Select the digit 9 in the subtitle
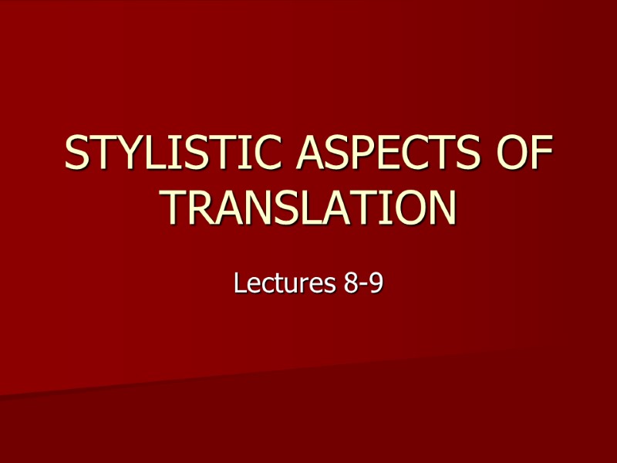[376, 284]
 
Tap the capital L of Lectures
[239, 284]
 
